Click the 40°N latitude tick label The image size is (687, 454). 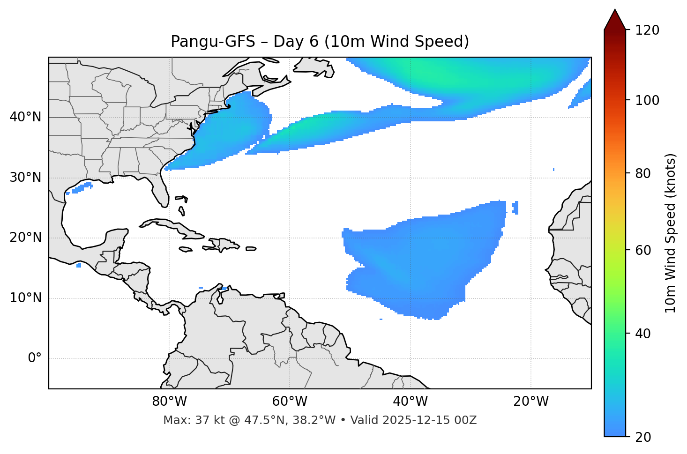click(25, 117)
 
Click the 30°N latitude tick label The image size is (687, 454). click(25, 178)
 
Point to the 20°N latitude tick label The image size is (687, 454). click(25, 238)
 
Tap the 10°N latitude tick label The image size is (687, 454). click(25, 298)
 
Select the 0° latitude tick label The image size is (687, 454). click(35, 358)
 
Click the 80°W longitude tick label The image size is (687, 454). click(169, 402)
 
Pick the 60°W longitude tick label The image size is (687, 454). click(290, 402)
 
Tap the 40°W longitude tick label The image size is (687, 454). click(410, 402)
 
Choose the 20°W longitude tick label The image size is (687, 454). click(531, 402)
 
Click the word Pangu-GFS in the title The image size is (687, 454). click(213, 42)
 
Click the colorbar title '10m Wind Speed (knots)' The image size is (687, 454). click(671, 233)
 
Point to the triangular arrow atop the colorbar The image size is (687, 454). click(615, 20)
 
